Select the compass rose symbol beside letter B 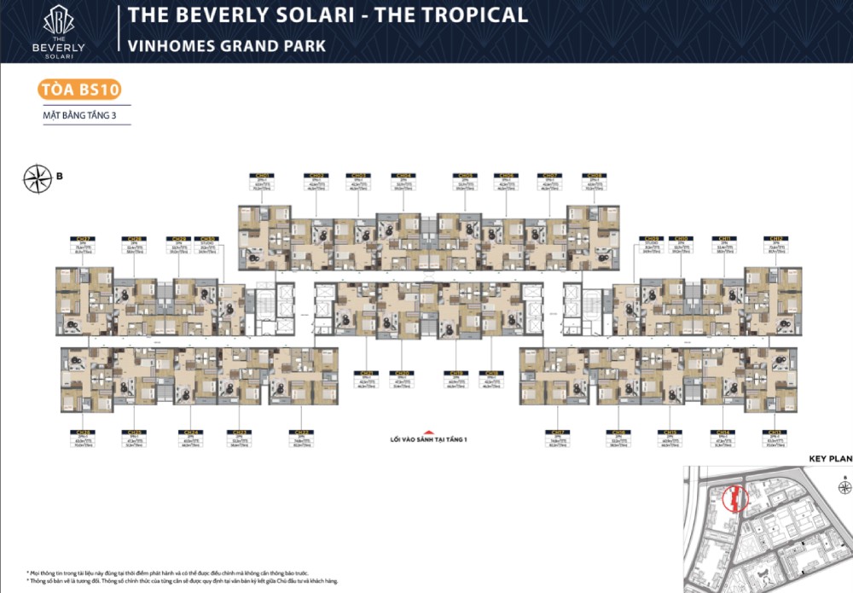[x=37, y=177]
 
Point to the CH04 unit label [x=403, y=175]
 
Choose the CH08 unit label [x=593, y=175]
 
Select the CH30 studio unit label [x=206, y=239]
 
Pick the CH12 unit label [x=776, y=239]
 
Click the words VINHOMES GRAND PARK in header [x=227, y=45]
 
